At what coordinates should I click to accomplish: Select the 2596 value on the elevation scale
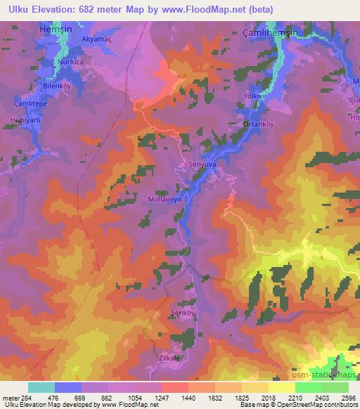348,397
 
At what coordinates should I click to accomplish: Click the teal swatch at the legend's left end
41,387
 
